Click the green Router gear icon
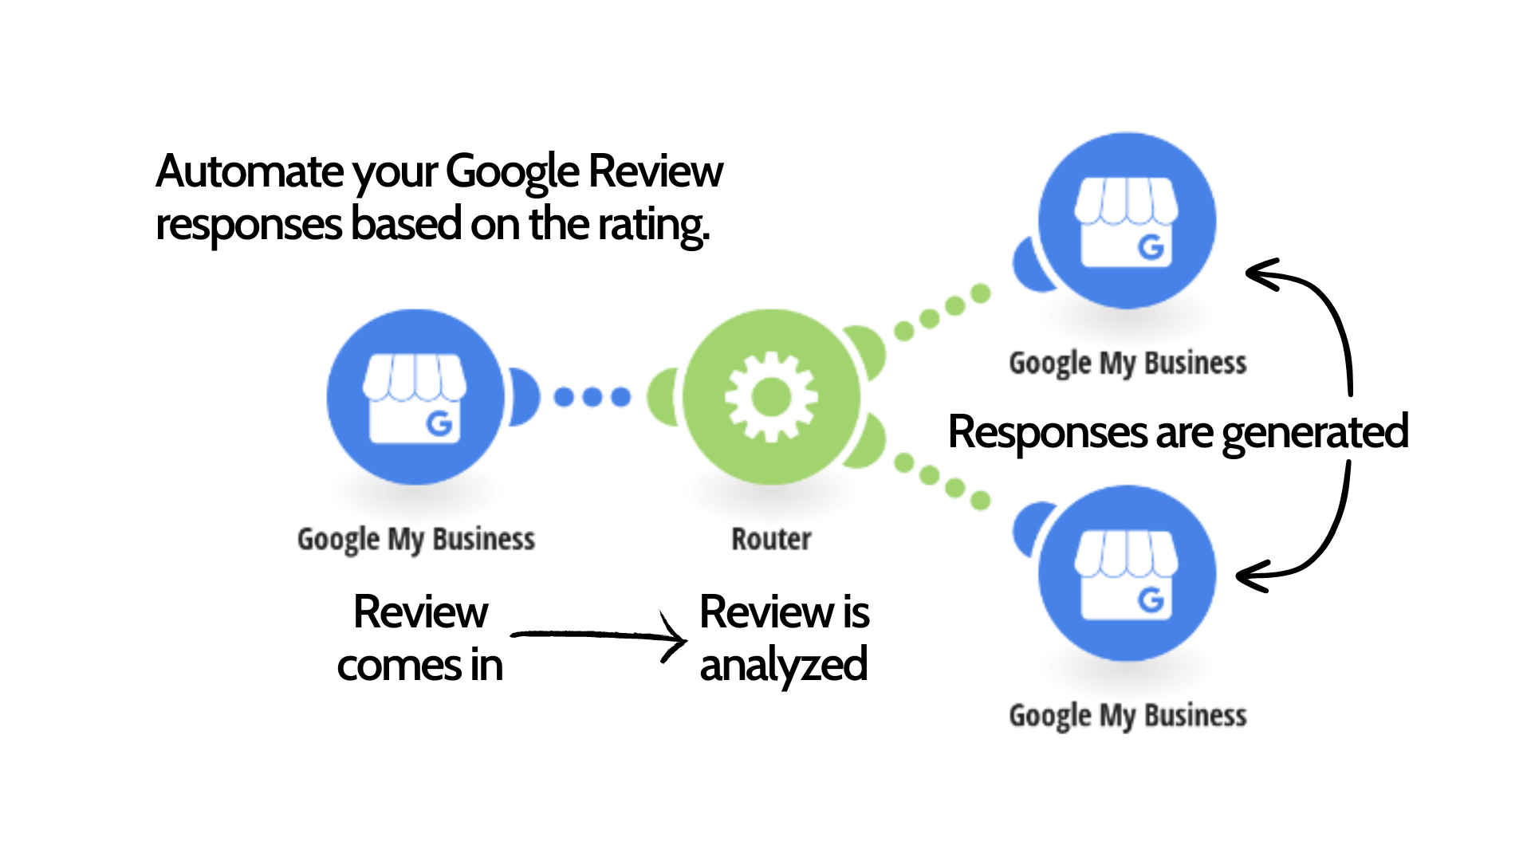tap(770, 397)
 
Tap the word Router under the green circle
tap(771, 540)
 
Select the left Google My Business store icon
tap(415, 397)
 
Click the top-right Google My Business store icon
tap(1126, 221)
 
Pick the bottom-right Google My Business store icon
tap(1126, 573)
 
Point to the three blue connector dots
tap(592, 396)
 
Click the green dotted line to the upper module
tap(942, 312)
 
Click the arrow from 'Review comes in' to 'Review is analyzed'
tap(598, 636)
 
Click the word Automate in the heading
tap(250, 171)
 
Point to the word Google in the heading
tap(512, 171)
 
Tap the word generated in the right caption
tap(1315, 433)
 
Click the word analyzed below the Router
tap(783, 666)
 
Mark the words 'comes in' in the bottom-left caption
tap(419, 666)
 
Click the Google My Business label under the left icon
tap(415, 540)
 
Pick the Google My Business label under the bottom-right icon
tap(1128, 716)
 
